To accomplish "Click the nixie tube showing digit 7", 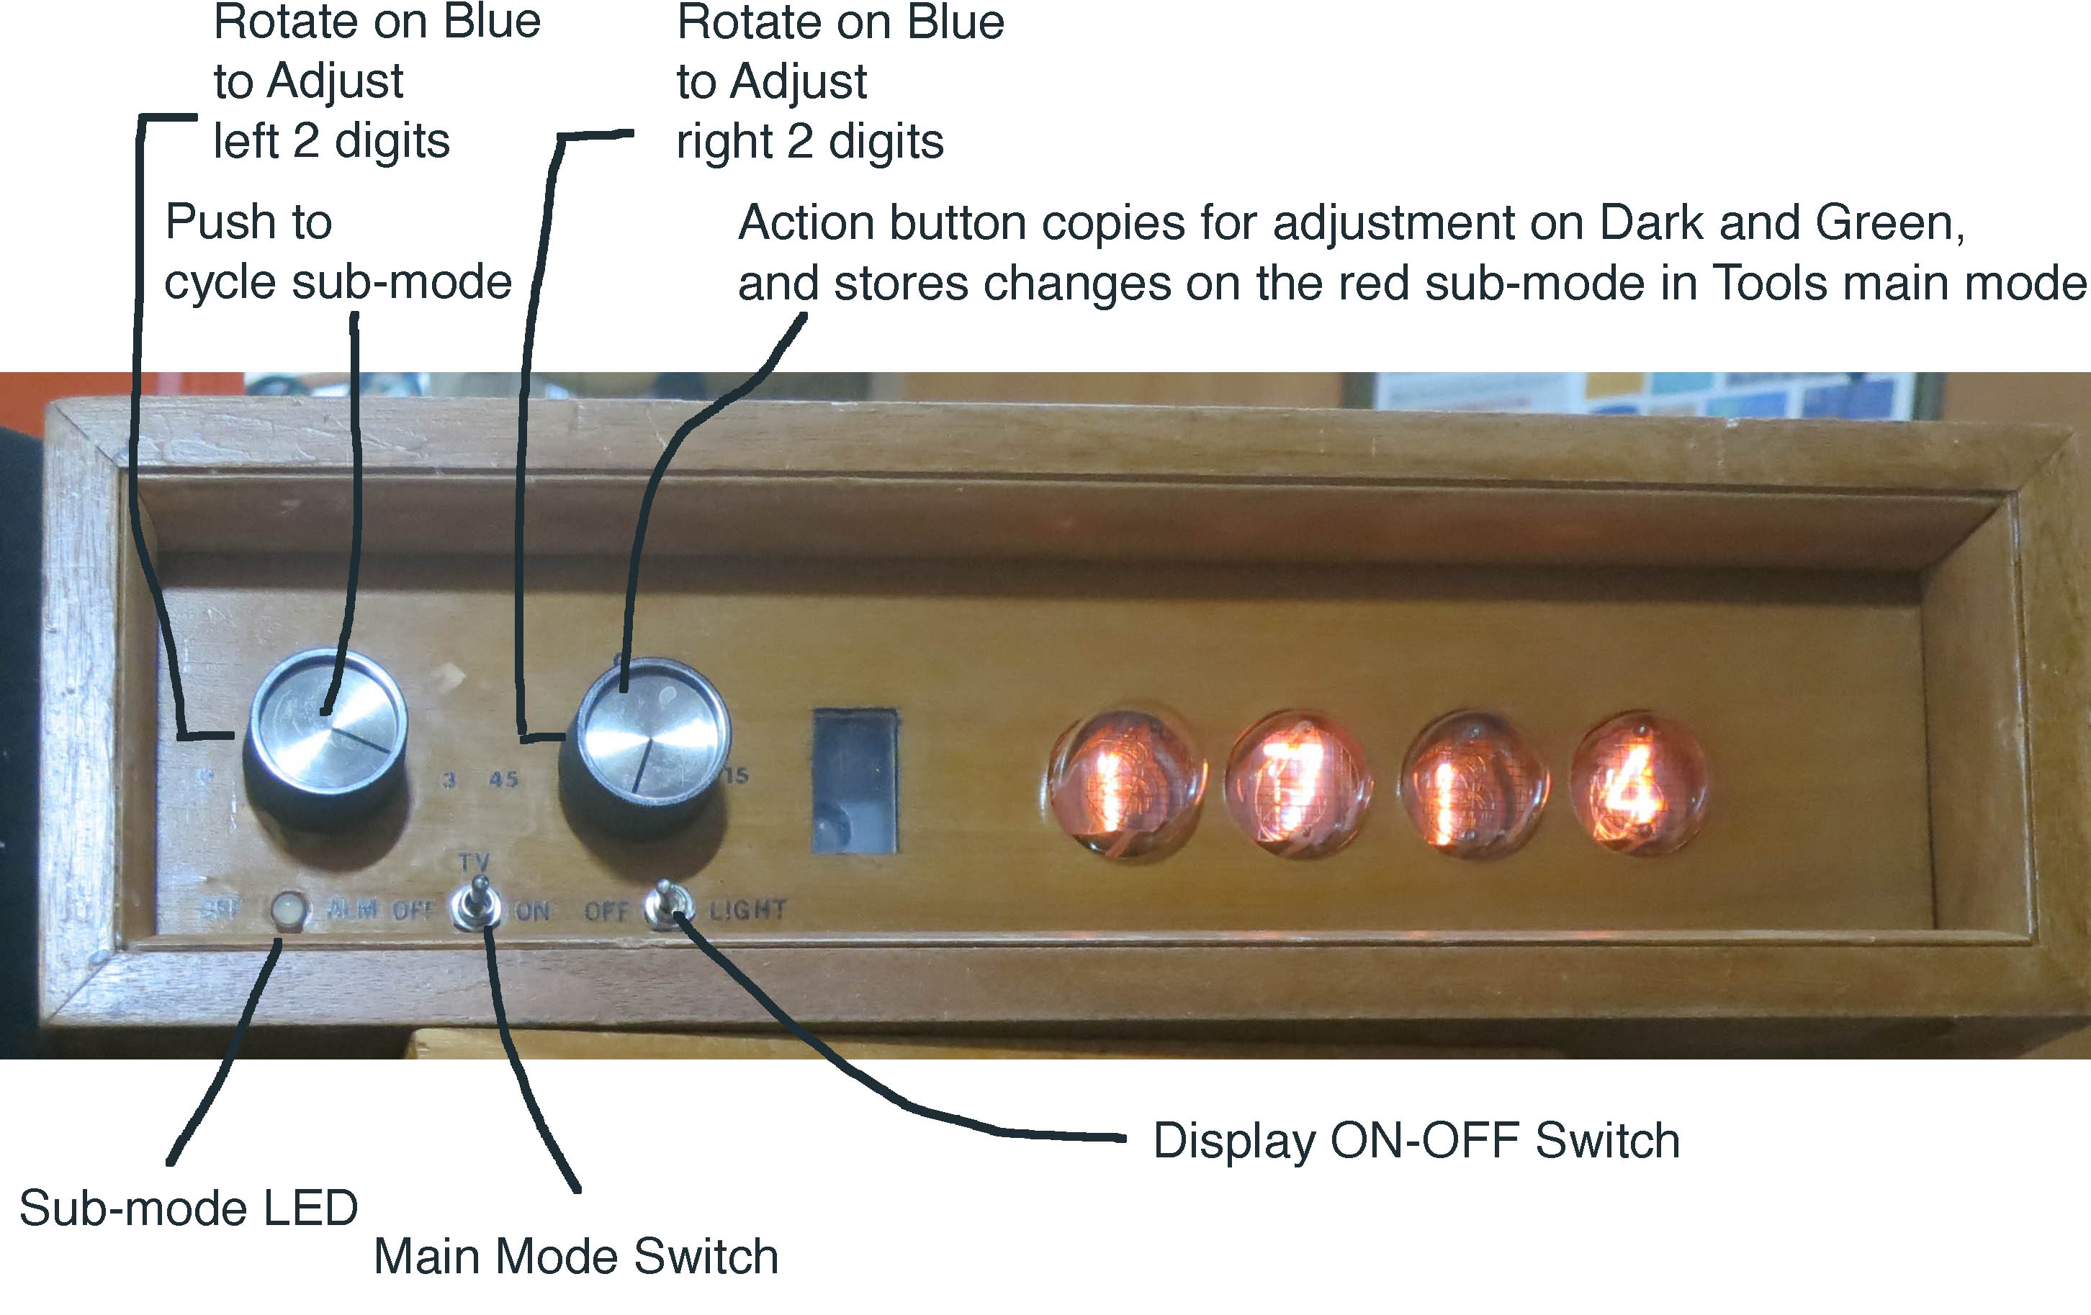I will [1299, 783].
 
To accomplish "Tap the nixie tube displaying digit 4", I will [1637, 783].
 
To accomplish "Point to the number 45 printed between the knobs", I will [503, 779].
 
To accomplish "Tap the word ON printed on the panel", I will [532, 911].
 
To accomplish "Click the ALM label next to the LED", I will [353, 910].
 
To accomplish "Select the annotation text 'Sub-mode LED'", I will [189, 1208].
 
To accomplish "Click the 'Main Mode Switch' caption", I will [576, 1256].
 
